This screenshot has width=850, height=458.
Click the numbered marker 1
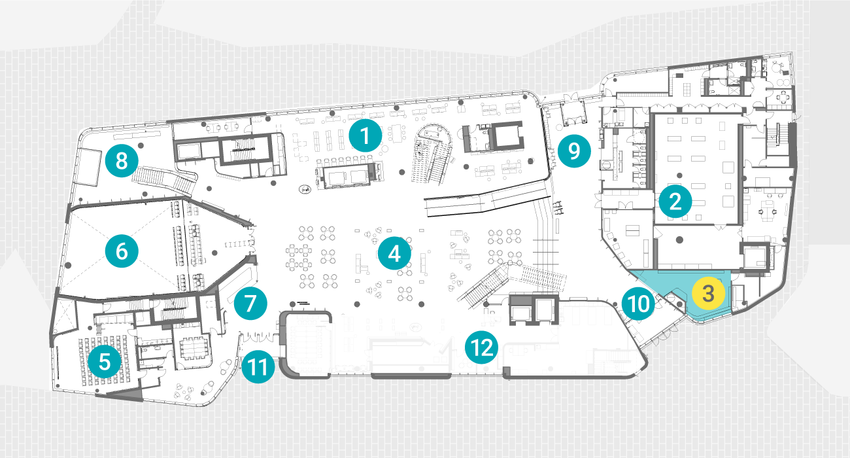[365, 135]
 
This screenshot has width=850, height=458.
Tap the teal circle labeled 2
[675, 202]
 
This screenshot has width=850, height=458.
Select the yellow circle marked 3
[708, 294]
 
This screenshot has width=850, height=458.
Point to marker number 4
[394, 253]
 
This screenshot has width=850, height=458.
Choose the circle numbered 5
[105, 361]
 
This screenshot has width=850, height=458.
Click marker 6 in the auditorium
[122, 251]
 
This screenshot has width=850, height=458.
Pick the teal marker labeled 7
[250, 304]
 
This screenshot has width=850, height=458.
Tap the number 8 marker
[122, 161]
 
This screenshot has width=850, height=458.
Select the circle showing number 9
[574, 150]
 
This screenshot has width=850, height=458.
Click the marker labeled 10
[639, 304]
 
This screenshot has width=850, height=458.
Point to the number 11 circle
[258, 366]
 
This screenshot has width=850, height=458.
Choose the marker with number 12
[481, 347]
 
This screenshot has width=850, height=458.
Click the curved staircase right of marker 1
[433, 154]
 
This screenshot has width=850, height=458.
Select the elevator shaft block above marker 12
[534, 309]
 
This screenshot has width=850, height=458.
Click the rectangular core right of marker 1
[492, 137]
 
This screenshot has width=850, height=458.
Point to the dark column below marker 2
[679, 239]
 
